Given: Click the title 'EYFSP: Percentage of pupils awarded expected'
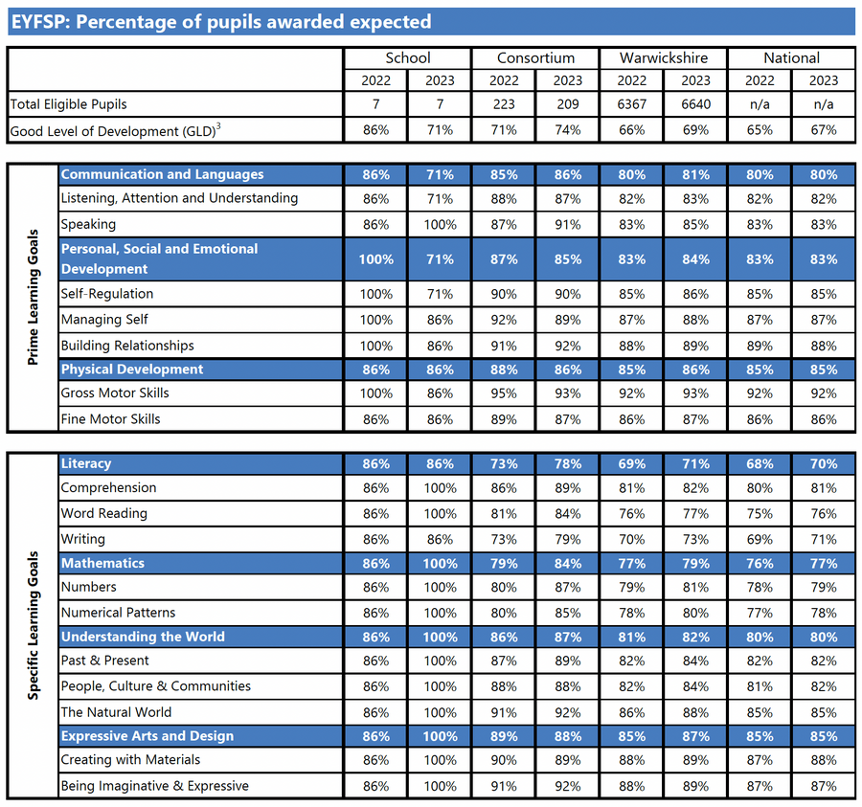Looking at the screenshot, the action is (x=221, y=22).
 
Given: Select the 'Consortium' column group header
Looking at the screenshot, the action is (x=535, y=58).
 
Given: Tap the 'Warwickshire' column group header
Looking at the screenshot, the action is (x=664, y=58).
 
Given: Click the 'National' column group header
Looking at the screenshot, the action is (x=791, y=58).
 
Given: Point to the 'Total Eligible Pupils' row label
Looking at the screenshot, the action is (x=69, y=104).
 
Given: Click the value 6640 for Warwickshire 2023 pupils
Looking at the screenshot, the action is (x=695, y=104).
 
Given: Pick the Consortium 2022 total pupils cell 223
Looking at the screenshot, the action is (x=504, y=104).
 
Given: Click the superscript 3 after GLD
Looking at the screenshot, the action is (x=218, y=126).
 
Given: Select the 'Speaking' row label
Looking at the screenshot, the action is (x=88, y=224).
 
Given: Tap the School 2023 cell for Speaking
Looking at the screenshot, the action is (x=440, y=225).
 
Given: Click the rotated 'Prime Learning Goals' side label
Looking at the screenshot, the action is (x=33, y=297).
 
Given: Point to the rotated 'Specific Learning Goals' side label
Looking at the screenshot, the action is (x=33, y=625).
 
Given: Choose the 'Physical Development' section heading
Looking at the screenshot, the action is (x=132, y=370).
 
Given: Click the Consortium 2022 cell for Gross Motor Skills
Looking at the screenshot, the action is (x=504, y=393).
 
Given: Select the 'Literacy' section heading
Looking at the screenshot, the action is (x=86, y=463).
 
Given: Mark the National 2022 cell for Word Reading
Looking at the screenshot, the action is (x=760, y=514).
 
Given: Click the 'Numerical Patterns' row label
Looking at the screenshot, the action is (x=118, y=613).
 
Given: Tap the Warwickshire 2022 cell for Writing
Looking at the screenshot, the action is (x=632, y=540).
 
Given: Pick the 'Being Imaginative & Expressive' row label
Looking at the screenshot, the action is (x=155, y=786).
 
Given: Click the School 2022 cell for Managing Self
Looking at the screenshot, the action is (x=376, y=321).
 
